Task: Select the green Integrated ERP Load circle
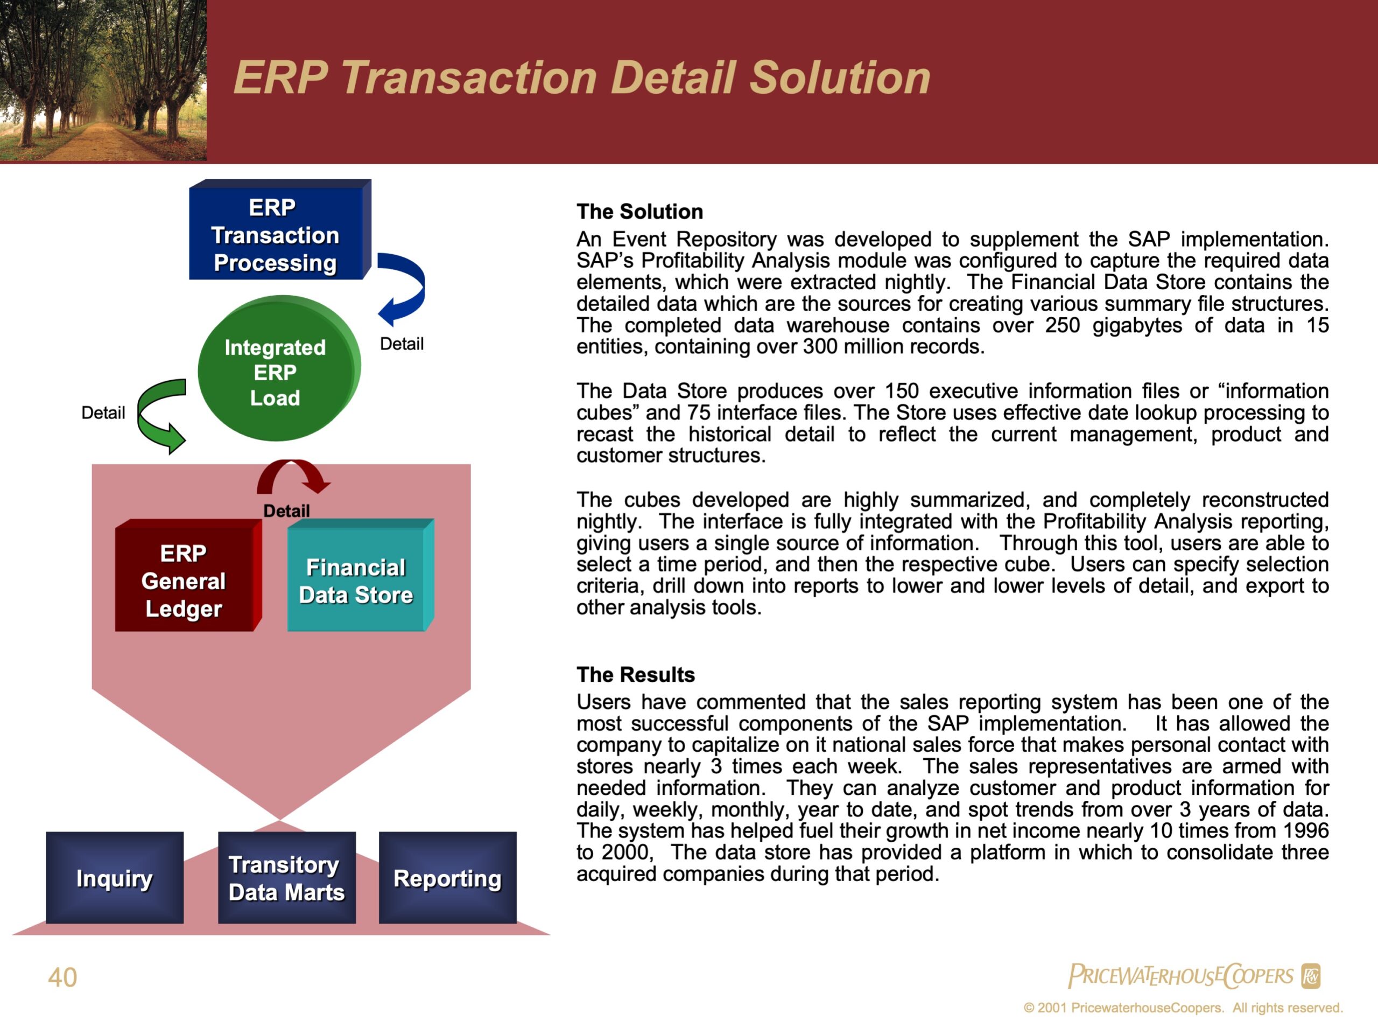point(279,368)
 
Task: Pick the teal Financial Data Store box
point(361,575)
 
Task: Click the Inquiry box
point(115,878)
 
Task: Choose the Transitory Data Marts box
point(286,878)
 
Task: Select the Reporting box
point(448,878)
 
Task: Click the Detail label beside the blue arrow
point(402,344)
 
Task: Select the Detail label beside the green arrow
point(103,413)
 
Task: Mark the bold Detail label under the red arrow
point(286,511)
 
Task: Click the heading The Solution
point(640,212)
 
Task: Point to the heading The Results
point(635,674)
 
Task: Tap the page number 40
point(62,977)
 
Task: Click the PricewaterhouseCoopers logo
point(1194,976)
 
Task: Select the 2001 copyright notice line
point(1183,1008)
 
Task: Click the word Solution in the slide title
point(840,78)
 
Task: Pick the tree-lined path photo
point(103,80)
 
